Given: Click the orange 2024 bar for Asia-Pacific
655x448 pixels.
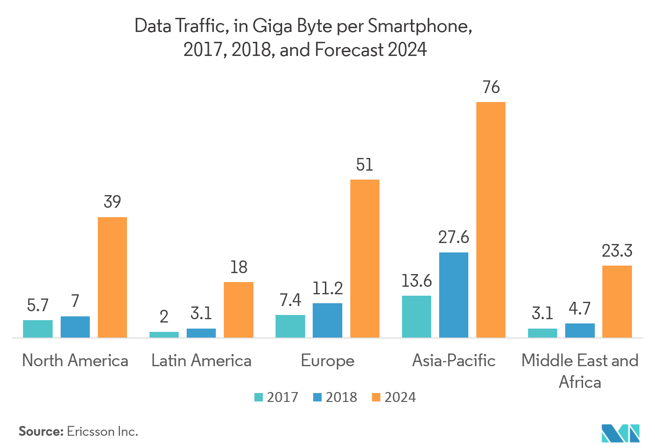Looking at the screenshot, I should point(491,220).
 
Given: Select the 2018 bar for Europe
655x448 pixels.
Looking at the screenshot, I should point(327,320).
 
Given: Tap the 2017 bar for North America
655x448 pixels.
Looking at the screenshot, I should point(38,329).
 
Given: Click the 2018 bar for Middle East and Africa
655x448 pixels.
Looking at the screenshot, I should point(580,330).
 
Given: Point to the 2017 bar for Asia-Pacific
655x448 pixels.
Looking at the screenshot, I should point(417,316).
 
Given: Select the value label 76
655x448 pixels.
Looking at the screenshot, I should point(491,87).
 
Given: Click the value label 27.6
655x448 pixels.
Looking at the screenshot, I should point(454,237).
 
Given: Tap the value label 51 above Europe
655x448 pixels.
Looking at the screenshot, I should point(365,165).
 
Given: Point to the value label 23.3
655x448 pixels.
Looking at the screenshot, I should point(617,251).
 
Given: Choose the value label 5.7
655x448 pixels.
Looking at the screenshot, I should point(38,306).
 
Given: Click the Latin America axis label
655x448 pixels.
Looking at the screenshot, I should point(201,361).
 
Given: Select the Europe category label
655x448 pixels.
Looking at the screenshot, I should point(328,361).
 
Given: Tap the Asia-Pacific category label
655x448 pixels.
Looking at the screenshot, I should point(454,361).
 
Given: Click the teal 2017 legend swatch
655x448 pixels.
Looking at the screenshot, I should point(259,397).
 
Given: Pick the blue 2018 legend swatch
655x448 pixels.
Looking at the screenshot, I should point(317,397).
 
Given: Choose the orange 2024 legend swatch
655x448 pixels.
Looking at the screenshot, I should point(376,397).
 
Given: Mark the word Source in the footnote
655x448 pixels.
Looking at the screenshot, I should point(40,432).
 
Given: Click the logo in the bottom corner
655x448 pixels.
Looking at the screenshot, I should point(621,433).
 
